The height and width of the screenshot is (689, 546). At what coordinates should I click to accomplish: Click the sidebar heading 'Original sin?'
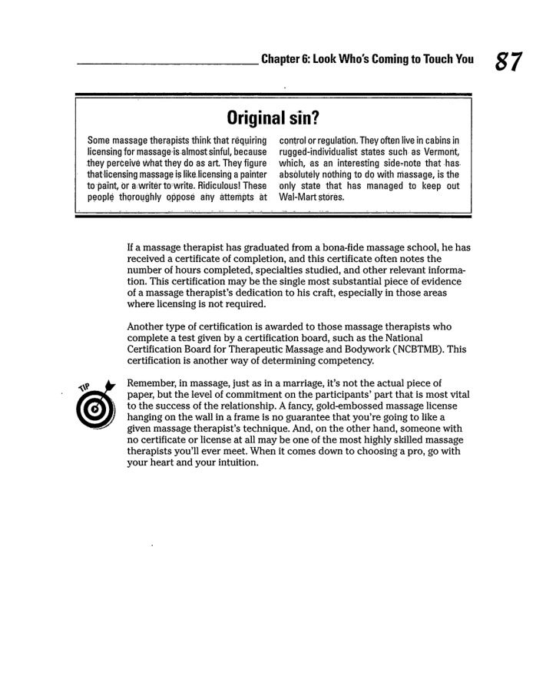(x=273, y=119)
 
